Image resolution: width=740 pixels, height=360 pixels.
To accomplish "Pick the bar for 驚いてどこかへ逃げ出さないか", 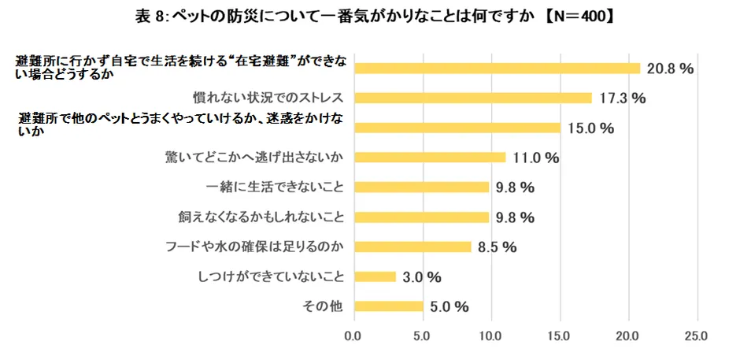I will pos(429,157).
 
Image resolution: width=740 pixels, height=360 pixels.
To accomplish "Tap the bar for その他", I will pos(388,306).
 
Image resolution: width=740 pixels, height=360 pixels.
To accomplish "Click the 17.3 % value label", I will pos(622,98).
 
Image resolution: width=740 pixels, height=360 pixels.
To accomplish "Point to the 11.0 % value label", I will pos(535,158).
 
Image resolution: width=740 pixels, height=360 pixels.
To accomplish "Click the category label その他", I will pos(327,306).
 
